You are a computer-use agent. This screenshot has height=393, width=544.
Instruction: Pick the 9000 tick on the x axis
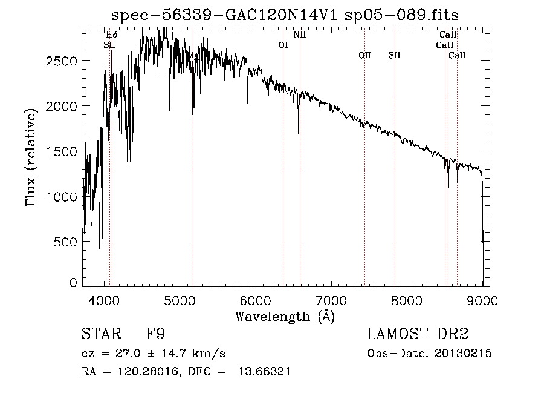[482, 299]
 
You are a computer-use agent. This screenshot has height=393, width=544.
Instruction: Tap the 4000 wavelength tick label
[105, 299]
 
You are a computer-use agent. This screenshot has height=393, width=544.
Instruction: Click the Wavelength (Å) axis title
[285, 316]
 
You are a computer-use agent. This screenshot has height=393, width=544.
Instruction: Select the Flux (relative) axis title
[30, 156]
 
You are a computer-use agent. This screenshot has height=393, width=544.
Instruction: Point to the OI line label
[283, 45]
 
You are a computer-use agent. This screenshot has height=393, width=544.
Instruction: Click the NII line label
[300, 35]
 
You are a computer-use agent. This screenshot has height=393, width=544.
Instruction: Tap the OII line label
[364, 56]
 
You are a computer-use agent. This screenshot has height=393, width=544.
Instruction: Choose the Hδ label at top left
[111, 35]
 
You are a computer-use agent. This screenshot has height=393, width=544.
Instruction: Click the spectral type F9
[155, 334]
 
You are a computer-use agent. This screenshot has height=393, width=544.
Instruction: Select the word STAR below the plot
[101, 334]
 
